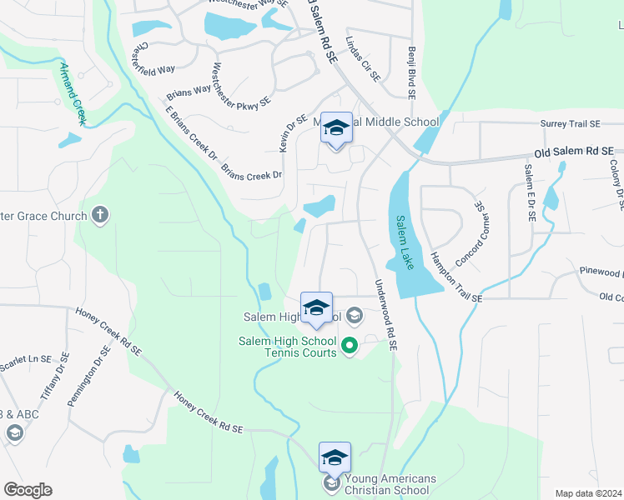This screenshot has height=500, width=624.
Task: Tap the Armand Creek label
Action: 72,92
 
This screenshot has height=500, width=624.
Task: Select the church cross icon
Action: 99,216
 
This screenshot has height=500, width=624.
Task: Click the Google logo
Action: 28,490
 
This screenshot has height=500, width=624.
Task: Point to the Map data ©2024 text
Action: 589,493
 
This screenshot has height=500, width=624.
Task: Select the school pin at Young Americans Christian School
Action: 335,459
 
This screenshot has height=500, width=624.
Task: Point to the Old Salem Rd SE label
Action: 574,152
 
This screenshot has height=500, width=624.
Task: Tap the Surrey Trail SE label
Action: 570,124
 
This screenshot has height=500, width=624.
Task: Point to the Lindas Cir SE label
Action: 365,64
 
